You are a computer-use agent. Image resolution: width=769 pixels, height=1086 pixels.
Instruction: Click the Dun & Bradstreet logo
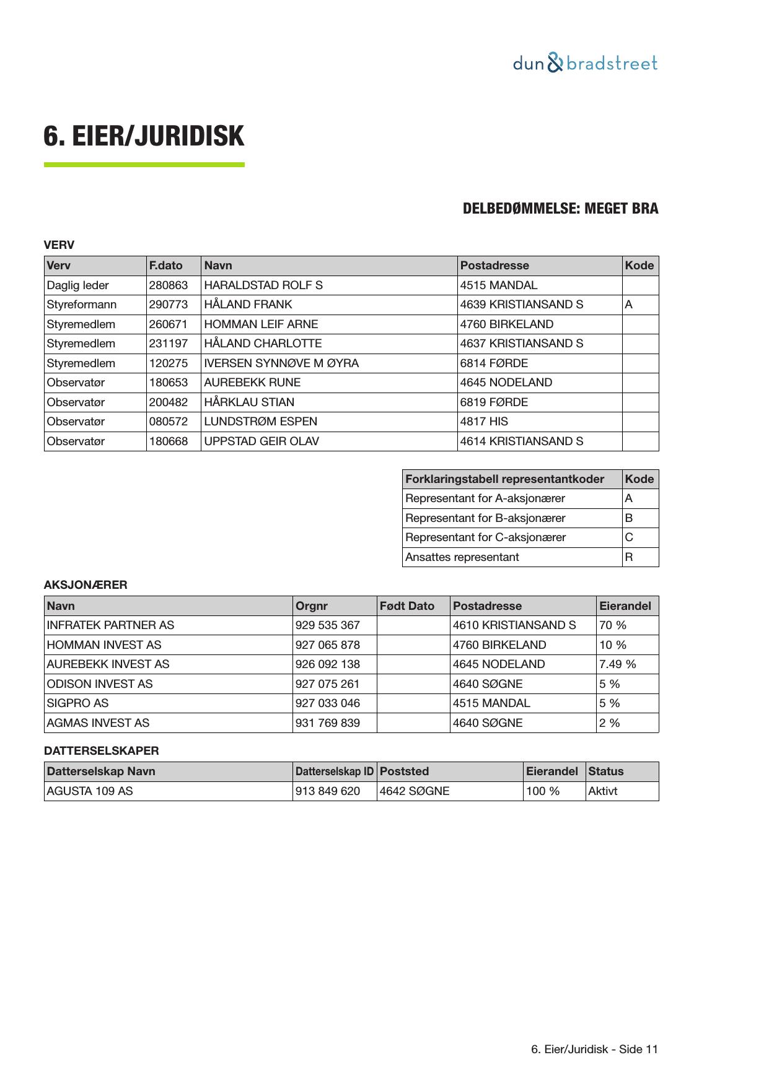point(584,63)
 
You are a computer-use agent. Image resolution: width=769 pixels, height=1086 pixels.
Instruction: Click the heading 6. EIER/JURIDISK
point(144,136)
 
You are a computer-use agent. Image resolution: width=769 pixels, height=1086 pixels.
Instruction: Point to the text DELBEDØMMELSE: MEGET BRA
point(560,209)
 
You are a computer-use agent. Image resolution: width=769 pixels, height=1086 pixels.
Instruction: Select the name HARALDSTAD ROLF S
point(263,285)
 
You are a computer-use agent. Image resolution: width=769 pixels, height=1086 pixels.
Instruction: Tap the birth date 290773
point(168,305)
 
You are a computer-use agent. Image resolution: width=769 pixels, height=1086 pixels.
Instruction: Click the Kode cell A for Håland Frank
point(628,305)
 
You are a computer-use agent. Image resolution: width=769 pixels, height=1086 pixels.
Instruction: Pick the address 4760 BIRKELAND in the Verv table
point(506,324)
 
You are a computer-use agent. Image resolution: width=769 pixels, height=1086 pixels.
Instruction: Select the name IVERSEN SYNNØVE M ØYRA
point(281,363)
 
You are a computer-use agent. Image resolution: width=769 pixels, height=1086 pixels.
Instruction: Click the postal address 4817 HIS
point(483,422)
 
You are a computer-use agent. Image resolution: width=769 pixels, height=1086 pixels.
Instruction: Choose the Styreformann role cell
point(82,305)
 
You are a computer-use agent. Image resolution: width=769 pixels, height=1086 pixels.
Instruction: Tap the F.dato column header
point(165,266)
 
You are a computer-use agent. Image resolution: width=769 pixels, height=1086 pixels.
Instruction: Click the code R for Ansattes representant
point(629,557)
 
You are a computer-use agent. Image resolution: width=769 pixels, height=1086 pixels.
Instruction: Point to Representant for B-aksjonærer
point(485,518)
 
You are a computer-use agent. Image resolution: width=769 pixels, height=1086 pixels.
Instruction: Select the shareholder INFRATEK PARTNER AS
point(110,625)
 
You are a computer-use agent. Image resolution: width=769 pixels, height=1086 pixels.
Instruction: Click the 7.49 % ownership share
point(617,664)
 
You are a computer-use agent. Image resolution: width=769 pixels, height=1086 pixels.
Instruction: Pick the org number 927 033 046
point(328,703)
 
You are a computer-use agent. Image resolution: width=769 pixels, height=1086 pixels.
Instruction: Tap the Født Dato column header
point(406,606)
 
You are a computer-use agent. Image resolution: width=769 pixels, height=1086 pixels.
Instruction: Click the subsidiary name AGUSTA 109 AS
point(90,791)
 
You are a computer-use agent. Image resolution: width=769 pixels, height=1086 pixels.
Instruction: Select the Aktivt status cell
point(603,791)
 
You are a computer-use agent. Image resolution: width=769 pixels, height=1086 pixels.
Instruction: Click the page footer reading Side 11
point(594,1049)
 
